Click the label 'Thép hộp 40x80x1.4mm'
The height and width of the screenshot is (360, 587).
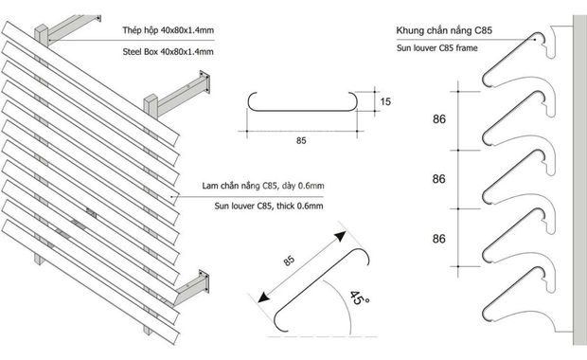point(169,30)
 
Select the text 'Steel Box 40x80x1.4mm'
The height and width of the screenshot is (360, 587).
point(169,52)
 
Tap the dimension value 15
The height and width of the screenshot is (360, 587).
point(385,101)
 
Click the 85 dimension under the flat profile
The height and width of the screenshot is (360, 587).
point(301,141)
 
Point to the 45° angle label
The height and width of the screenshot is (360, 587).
point(360,298)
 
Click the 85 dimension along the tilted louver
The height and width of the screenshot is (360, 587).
point(289,261)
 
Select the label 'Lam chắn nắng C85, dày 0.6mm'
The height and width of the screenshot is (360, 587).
point(263,186)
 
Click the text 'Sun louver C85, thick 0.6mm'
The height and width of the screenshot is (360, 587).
point(269,206)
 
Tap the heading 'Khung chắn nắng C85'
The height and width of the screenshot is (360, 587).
point(444,30)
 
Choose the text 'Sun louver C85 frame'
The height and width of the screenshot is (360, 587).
point(436,48)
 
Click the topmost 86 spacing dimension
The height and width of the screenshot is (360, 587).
point(439,119)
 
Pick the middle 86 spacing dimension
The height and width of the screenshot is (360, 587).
point(439,179)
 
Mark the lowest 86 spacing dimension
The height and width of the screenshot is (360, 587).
point(439,239)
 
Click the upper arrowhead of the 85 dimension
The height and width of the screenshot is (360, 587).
point(340,237)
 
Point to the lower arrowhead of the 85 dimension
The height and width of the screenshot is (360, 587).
point(263,297)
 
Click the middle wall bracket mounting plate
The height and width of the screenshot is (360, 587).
point(205,82)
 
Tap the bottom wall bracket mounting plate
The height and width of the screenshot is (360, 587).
point(204,281)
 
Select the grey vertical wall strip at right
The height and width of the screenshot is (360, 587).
point(579,180)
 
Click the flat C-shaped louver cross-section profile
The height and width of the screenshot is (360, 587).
point(302,111)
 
